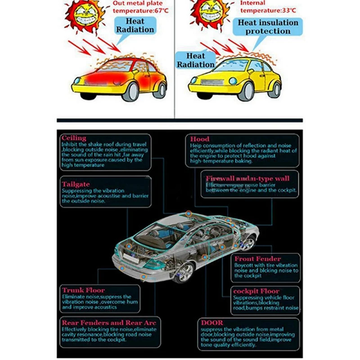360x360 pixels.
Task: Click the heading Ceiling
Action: (74, 138)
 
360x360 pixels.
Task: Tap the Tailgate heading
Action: (76, 184)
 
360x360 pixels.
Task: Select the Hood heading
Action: (200, 139)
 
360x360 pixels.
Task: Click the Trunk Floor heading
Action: (83, 291)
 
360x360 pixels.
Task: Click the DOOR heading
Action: (212, 323)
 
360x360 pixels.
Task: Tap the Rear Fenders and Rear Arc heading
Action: (108, 323)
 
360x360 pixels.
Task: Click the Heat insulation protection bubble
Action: (268, 27)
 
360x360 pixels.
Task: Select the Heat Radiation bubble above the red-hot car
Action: (135, 26)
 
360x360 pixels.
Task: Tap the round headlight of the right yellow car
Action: (234, 81)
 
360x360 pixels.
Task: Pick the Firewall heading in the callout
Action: (247, 179)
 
